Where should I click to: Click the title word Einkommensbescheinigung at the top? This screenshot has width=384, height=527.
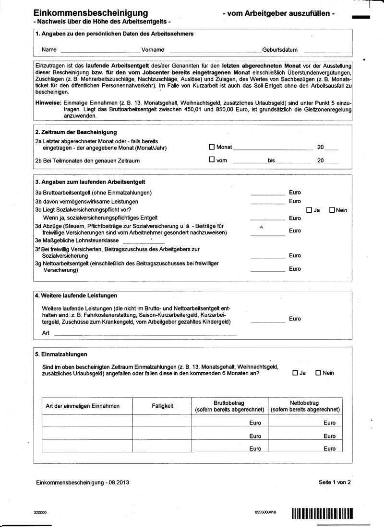click(x=91, y=13)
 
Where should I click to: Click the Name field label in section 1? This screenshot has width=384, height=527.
click(x=49, y=50)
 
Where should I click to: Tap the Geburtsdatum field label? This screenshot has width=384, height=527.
click(x=280, y=50)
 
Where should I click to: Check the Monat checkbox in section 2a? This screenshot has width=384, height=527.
click(x=212, y=147)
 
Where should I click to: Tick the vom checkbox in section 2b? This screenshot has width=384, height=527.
click(x=212, y=160)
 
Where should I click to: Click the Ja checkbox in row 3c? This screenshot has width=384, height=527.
click(x=309, y=210)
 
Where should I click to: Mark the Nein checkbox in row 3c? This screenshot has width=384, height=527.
click(x=332, y=210)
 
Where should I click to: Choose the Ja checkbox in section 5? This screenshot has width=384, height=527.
click(x=295, y=373)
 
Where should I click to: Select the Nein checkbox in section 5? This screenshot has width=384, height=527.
click(x=318, y=373)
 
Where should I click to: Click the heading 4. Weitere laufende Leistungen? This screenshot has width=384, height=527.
click(x=76, y=296)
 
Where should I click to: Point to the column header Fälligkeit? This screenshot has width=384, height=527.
click(x=162, y=406)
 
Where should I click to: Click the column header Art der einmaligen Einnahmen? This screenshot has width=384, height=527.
click(x=83, y=406)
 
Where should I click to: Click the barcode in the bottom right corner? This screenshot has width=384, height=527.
click(x=322, y=514)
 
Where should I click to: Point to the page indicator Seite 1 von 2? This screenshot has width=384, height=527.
click(x=335, y=482)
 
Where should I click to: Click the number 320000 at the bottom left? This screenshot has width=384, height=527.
click(x=40, y=513)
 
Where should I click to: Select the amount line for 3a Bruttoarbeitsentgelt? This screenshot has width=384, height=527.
click(x=268, y=194)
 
